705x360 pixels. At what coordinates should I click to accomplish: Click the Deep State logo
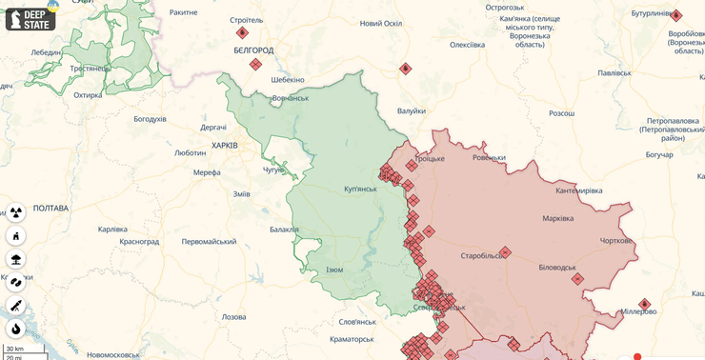point(30,19)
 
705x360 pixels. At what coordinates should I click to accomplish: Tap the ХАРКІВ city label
point(224,146)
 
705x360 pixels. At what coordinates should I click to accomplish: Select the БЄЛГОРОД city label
point(253,50)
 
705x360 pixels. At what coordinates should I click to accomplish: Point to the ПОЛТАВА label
point(50,208)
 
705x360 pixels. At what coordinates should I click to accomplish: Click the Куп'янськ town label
point(360,189)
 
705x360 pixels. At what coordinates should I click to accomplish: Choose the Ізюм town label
point(334,270)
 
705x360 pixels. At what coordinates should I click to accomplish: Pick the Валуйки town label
point(412,111)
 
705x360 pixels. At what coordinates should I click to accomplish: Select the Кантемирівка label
point(579,191)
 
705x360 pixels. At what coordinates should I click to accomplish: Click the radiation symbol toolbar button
point(15,211)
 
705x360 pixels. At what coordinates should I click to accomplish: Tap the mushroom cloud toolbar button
point(15,258)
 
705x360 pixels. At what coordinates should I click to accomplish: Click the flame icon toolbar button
point(15,329)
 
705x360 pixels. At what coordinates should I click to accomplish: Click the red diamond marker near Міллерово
point(644,305)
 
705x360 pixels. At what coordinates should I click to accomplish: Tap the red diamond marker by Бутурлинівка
point(675,15)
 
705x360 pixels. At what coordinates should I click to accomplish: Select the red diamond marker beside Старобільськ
point(505,252)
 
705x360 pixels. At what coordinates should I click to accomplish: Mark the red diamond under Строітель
point(242,32)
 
